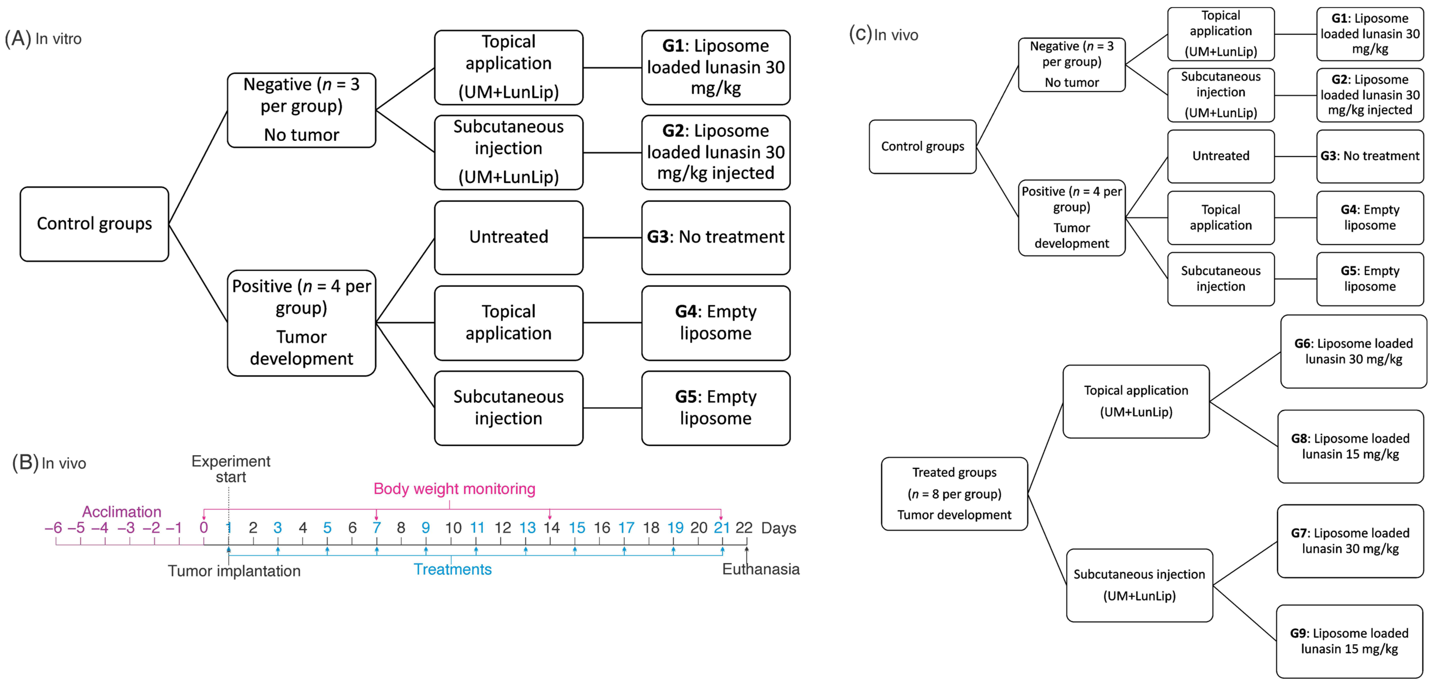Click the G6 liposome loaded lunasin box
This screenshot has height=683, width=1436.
[1353, 351]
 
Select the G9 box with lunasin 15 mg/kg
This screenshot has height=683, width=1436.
[1349, 641]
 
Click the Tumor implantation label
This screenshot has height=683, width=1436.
[234, 571]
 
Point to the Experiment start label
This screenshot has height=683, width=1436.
[231, 469]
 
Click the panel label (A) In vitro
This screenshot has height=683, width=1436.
[43, 38]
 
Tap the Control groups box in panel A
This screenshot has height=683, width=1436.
[94, 224]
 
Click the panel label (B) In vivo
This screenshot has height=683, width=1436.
[49, 463]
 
